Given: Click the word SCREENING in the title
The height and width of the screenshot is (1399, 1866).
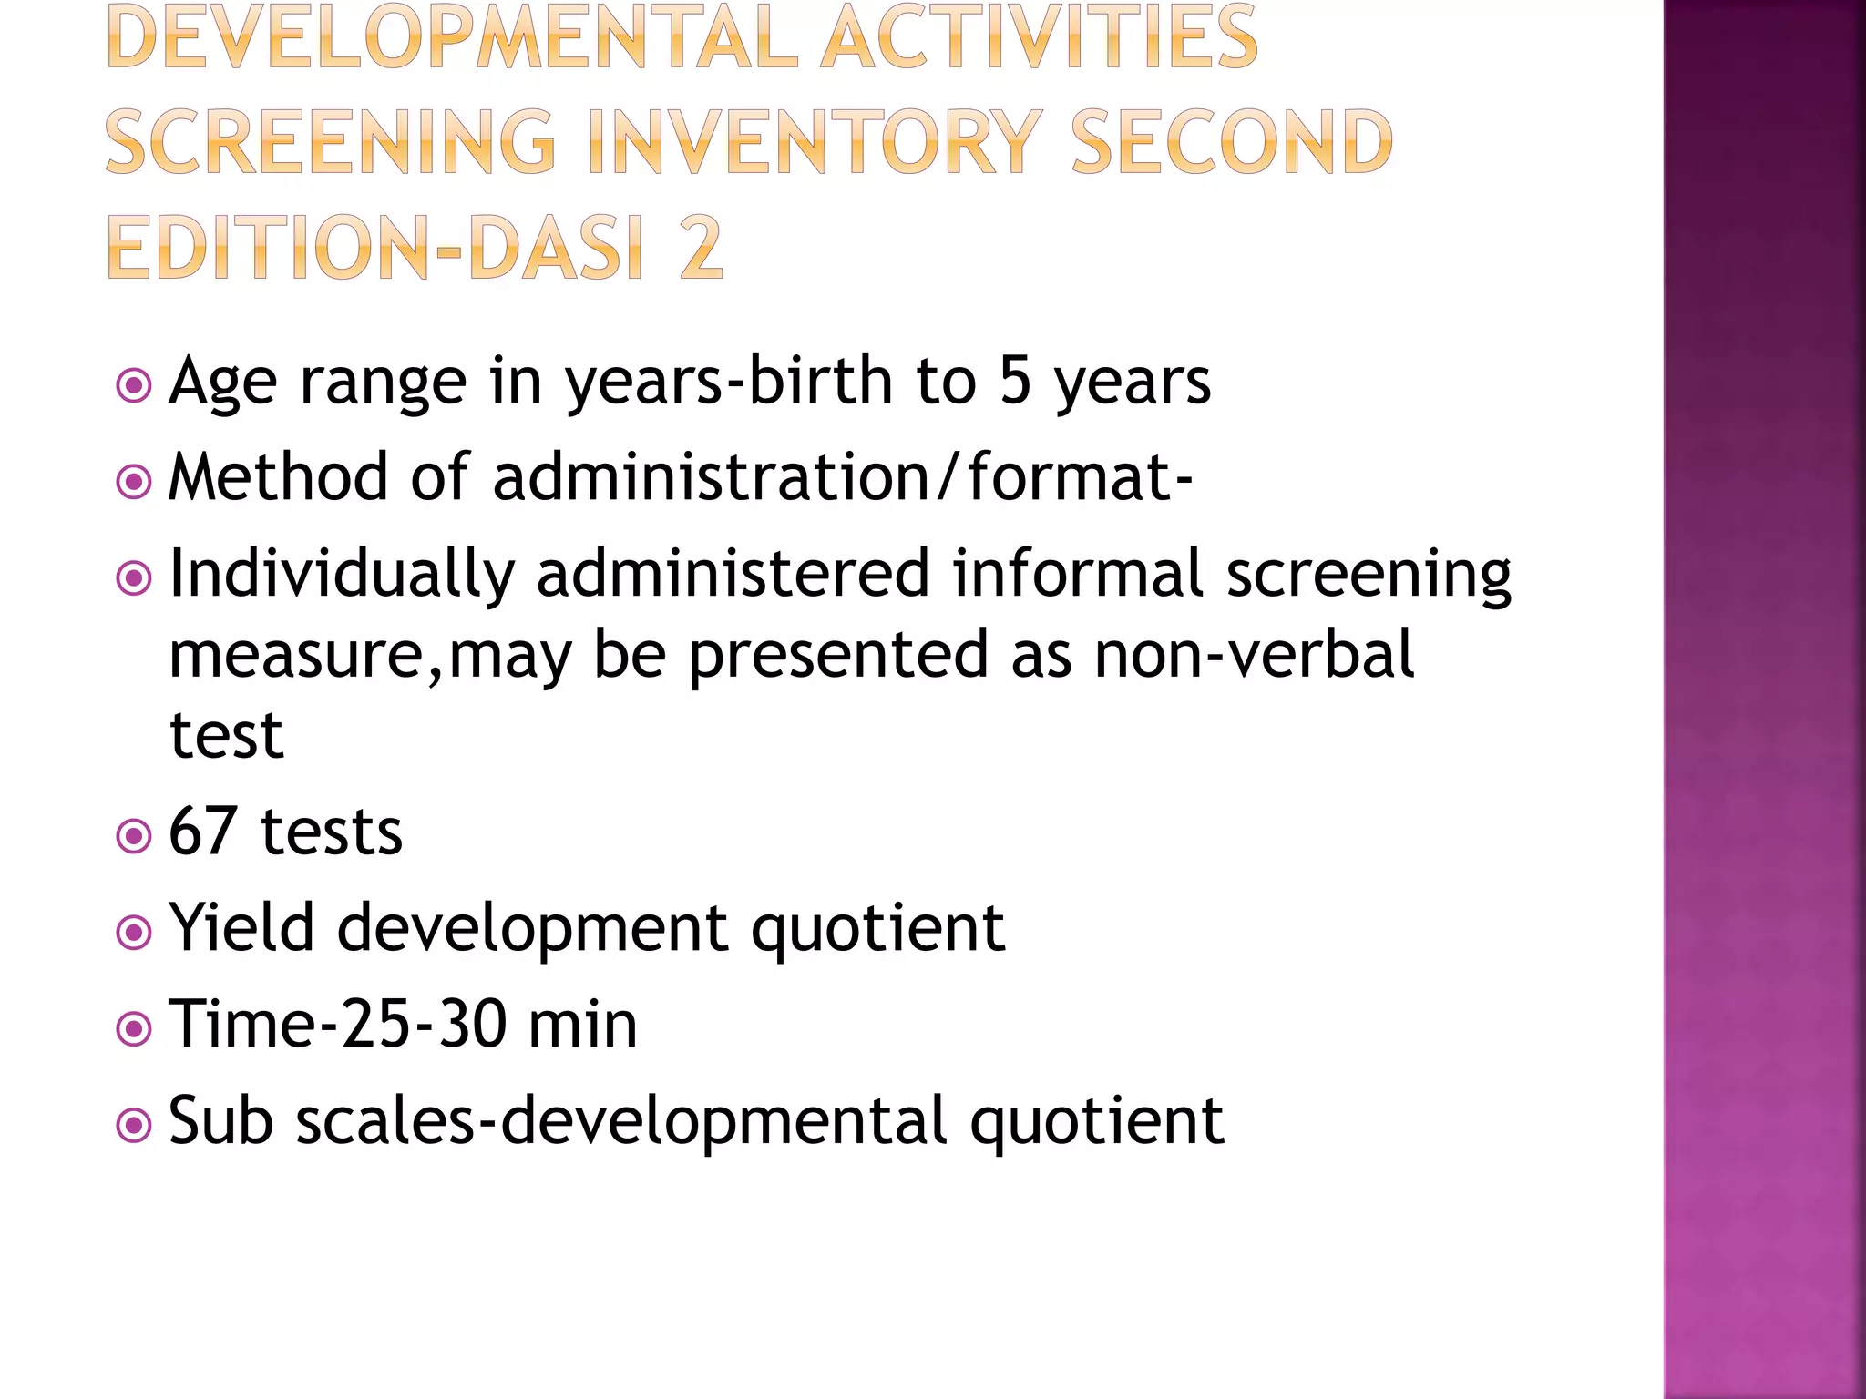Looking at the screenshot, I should click(x=330, y=142).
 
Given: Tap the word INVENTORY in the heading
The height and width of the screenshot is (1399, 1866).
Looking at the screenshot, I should click(x=816, y=142).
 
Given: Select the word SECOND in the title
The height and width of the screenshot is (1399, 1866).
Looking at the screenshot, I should click(x=1232, y=142).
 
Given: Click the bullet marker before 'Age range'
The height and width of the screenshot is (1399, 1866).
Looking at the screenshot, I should click(x=134, y=385).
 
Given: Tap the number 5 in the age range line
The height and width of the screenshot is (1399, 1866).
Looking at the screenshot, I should click(x=1015, y=381).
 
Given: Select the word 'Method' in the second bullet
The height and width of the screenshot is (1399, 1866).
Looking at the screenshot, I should click(x=278, y=476).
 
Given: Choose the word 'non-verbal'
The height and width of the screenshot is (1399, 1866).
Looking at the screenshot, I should click(x=1254, y=654).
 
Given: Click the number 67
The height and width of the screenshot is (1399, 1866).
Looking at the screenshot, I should click(x=204, y=831).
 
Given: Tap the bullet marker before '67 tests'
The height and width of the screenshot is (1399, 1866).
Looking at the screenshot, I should click(x=134, y=835).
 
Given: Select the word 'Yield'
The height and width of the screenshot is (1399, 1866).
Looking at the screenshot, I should click(x=242, y=927).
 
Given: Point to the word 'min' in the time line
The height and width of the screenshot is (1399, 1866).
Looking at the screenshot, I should click(x=582, y=1025).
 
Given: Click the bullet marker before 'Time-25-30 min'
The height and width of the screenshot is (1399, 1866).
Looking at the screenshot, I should click(x=134, y=1029).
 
